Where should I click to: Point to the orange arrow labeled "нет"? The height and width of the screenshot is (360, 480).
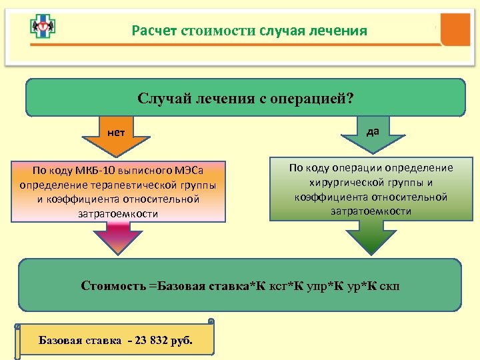click(x=116, y=137)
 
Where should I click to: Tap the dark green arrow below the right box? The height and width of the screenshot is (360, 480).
click(x=363, y=237)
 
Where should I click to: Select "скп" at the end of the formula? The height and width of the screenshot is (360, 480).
click(x=388, y=287)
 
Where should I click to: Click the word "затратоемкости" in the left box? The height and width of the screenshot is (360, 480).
click(x=118, y=213)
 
